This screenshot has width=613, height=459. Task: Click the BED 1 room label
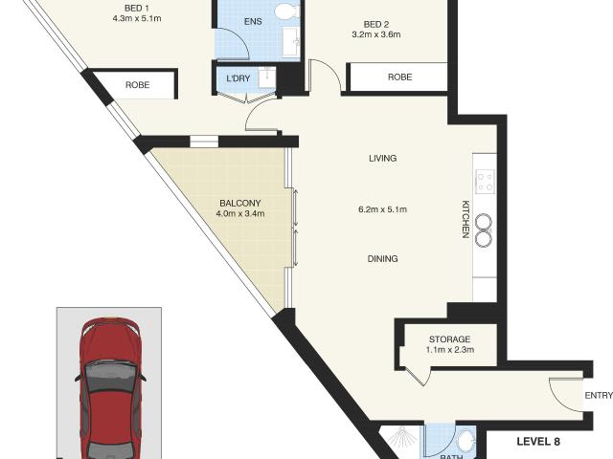tap(137, 9)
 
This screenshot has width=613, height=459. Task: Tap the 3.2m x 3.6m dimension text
tap(376, 34)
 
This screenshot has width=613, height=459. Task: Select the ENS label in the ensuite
tap(253, 21)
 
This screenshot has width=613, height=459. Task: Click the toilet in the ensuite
tap(287, 11)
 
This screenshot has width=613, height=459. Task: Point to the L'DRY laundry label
tap(238, 78)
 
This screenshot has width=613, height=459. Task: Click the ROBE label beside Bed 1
tap(137, 85)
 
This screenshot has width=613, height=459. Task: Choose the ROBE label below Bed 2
tap(399, 77)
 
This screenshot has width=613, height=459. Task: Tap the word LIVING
tap(383, 158)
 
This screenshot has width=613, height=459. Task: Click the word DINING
tap(383, 259)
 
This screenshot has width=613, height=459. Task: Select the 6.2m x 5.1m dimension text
tap(383, 209)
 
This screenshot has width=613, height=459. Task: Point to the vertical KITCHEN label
tap(465, 219)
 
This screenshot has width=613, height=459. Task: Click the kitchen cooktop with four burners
tap(486, 182)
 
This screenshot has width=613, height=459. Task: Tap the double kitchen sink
tap(484, 230)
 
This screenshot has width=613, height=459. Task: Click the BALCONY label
tap(240, 204)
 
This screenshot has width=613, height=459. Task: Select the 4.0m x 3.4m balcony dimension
tap(240, 214)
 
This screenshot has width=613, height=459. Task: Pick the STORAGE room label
tap(449, 339)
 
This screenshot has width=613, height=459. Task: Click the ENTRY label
tap(599, 395)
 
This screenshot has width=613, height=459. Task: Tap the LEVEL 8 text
tap(538, 442)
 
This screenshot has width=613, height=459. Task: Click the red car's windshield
tap(111, 378)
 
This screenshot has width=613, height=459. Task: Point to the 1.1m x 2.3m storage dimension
tap(449, 350)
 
